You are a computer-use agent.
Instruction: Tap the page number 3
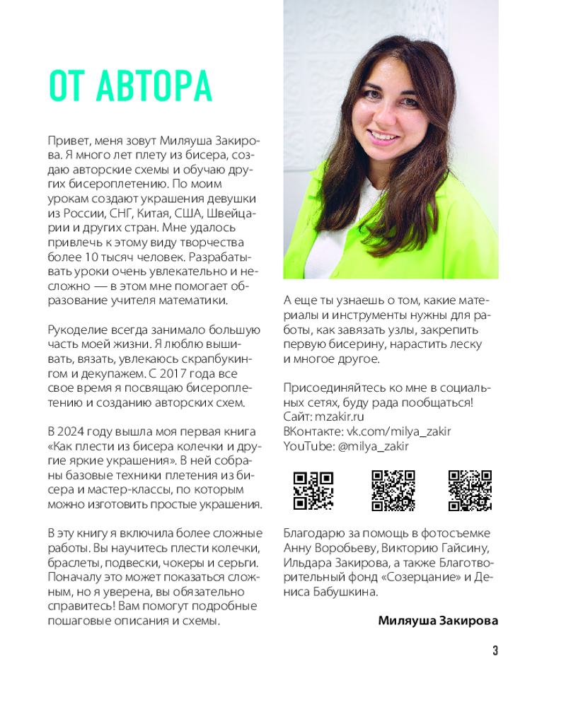[495, 651]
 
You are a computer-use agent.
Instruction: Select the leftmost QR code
[313, 490]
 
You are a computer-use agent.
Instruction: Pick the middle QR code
[393, 490]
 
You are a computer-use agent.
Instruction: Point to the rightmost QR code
[470, 490]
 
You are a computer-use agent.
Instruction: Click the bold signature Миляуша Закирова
[438, 621]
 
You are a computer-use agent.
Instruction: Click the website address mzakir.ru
[334, 417]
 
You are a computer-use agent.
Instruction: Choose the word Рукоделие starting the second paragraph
[77, 329]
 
